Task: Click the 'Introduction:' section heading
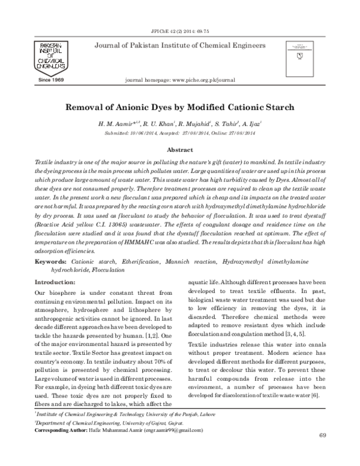click(x=55, y=282)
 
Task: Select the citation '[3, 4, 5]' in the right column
click(x=293, y=332)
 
